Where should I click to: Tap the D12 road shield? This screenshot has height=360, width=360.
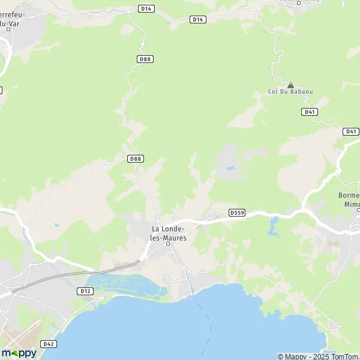[85, 291]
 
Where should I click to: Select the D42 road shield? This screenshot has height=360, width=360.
[49, 344]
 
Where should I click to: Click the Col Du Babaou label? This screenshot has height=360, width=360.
[290, 92]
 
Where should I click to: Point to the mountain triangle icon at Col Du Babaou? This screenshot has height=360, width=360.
[290, 85]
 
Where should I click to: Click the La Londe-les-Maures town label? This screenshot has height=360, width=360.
[169, 233]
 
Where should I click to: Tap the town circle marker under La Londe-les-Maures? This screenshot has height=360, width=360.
[168, 244]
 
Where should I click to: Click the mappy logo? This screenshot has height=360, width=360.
[19, 353]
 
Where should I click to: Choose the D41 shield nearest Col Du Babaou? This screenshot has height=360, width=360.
[310, 112]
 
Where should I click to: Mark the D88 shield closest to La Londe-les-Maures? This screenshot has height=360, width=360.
[136, 158]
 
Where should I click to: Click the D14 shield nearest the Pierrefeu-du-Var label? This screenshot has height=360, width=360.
[146, 8]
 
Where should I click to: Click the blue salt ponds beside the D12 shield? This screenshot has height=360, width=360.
[126, 285]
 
